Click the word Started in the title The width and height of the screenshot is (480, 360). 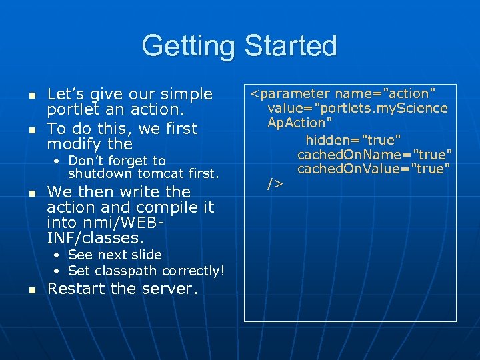[291, 45]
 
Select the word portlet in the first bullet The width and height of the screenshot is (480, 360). [70, 111]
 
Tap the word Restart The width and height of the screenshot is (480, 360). [77, 289]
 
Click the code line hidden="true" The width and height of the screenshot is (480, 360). [353, 139]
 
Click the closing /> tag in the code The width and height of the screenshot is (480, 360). [275, 183]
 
